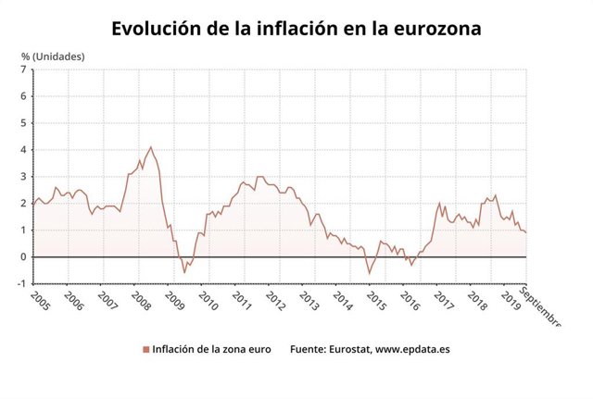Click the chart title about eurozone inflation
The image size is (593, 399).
[x=296, y=28]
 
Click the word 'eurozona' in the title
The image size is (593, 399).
[x=435, y=28]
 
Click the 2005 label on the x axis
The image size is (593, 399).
[x=40, y=302]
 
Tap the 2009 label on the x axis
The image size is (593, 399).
[x=173, y=302]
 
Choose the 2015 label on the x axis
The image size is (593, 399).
[x=375, y=302]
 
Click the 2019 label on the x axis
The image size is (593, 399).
[x=510, y=302]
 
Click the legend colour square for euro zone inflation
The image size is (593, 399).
[x=145, y=350]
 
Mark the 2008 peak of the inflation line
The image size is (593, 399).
[x=151, y=146]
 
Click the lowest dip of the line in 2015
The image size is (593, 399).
[x=369, y=273]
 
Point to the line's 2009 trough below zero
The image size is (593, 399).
[x=183, y=272]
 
